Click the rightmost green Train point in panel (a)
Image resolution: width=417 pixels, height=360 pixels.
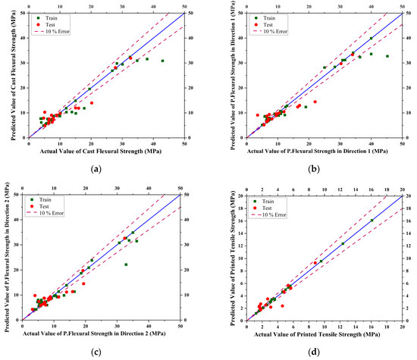point(162,61)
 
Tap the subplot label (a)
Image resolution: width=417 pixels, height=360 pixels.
point(96,168)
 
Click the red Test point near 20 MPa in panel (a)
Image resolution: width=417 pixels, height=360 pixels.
point(92,103)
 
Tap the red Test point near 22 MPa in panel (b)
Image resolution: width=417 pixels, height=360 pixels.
point(315,102)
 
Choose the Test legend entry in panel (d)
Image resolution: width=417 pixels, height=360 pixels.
point(271,208)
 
